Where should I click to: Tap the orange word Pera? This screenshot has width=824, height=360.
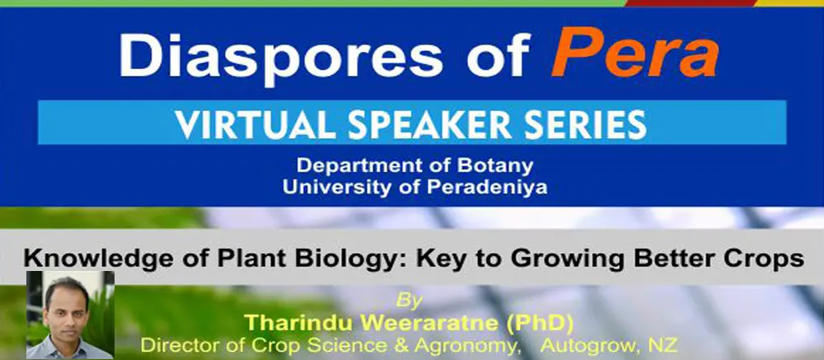(x=634, y=52)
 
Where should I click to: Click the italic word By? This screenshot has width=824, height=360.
(x=409, y=302)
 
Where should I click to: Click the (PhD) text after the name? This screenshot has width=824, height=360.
(x=540, y=324)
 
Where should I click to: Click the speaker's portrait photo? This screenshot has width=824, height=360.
(x=70, y=315)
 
